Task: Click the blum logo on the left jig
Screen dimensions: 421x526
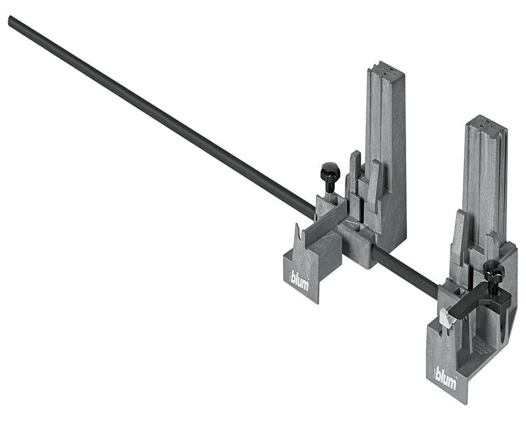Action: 299,279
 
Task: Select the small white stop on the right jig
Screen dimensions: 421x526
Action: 447,319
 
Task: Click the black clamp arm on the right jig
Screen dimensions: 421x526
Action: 479,304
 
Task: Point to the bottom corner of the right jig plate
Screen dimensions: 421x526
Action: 466,402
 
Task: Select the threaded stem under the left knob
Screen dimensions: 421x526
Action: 330,188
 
